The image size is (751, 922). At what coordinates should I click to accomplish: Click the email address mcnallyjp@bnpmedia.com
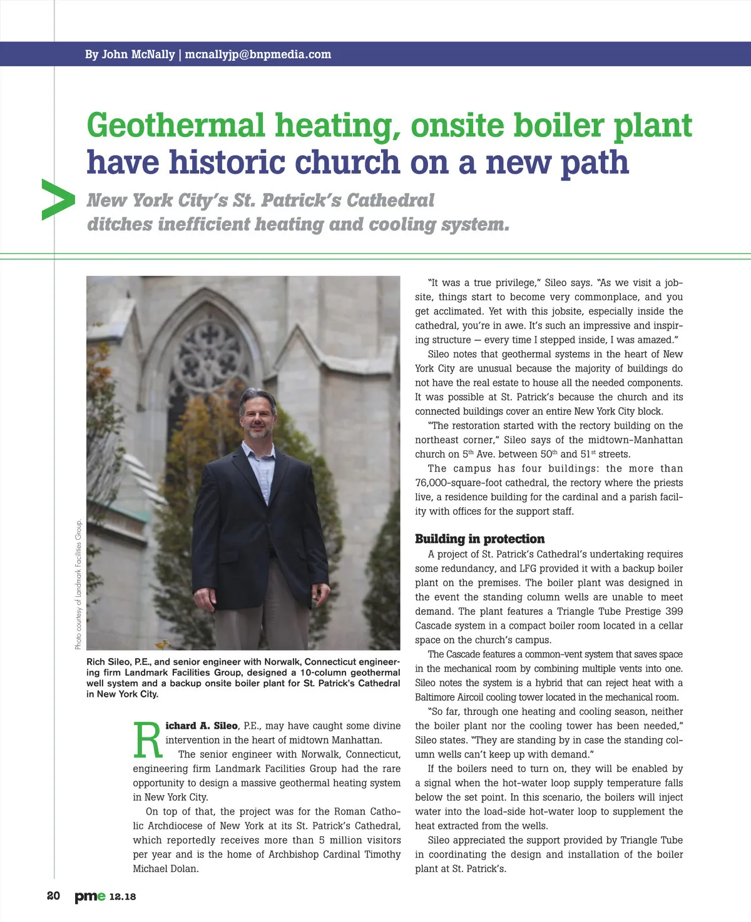point(258,54)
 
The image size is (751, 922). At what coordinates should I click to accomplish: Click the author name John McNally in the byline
point(138,54)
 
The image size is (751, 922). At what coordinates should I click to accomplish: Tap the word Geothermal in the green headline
point(176,126)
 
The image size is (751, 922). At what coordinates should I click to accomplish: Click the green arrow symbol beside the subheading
point(58,200)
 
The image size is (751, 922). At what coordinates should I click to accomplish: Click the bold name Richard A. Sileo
point(202,726)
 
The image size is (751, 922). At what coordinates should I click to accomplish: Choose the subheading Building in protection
point(479,539)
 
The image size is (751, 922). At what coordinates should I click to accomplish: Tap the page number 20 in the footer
point(54,896)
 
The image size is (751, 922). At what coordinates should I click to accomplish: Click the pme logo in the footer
point(90,896)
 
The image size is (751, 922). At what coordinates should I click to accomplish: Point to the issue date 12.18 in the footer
point(123,896)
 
